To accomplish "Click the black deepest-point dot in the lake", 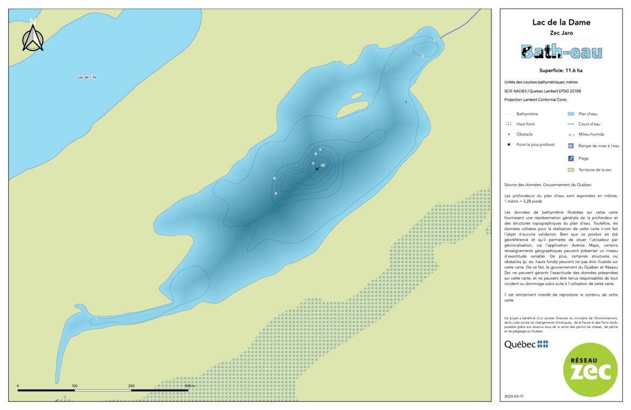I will [x=317, y=169].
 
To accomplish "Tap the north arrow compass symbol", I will [x=33, y=37].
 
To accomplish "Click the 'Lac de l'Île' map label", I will [x=87, y=78].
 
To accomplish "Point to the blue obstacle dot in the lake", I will [x=406, y=101].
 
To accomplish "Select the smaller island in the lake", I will [x=357, y=96].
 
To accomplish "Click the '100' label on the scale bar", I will [x=74, y=386].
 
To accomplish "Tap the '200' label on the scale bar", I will [x=131, y=386].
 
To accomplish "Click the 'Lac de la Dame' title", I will [x=561, y=23].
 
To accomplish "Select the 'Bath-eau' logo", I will [x=561, y=52].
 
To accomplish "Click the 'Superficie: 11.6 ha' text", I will [x=561, y=71].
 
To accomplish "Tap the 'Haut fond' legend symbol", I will [x=509, y=124].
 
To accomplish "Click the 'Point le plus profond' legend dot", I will [x=509, y=145].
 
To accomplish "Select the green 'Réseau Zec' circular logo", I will [x=590, y=370].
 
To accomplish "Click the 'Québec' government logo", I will [x=526, y=344].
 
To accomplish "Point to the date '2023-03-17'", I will [x=514, y=396].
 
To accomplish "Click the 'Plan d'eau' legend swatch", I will [x=571, y=114].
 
